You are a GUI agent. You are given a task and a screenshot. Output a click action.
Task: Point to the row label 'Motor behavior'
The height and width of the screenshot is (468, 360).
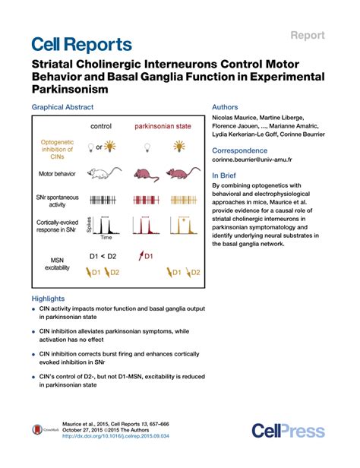[x=53, y=174]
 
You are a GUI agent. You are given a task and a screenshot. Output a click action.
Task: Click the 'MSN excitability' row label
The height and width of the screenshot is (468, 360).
[x=53, y=264]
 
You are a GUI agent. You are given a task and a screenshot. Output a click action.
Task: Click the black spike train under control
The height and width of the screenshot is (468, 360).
[x=102, y=201]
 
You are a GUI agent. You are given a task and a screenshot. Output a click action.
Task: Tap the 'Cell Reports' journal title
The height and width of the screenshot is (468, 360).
[x=81, y=45]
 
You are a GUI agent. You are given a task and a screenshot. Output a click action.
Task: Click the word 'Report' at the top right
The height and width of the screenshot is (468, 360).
[x=307, y=35]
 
